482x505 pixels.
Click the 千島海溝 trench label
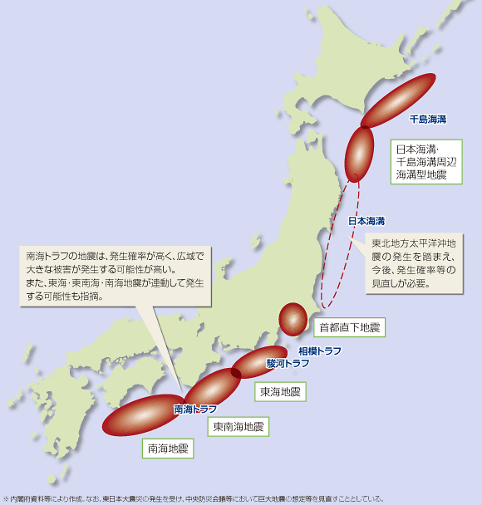[428, 120]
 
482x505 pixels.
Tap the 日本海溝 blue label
[366, 221]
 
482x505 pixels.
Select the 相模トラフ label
[319, 351]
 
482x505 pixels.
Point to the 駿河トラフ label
[287, 364]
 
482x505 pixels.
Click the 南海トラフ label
[195, 409]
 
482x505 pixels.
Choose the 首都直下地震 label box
[348, 328]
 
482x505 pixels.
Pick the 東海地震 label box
[280, 391]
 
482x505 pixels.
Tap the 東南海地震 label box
[238, 427]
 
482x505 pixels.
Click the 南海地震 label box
[168, 449]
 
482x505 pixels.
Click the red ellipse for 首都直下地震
[293, 319]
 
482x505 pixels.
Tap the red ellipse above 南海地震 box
[141, 416]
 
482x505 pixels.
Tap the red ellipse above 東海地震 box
[259, 362]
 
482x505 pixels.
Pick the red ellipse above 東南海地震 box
[214, 387]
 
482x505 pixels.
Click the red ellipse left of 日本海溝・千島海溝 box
[360, 153]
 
